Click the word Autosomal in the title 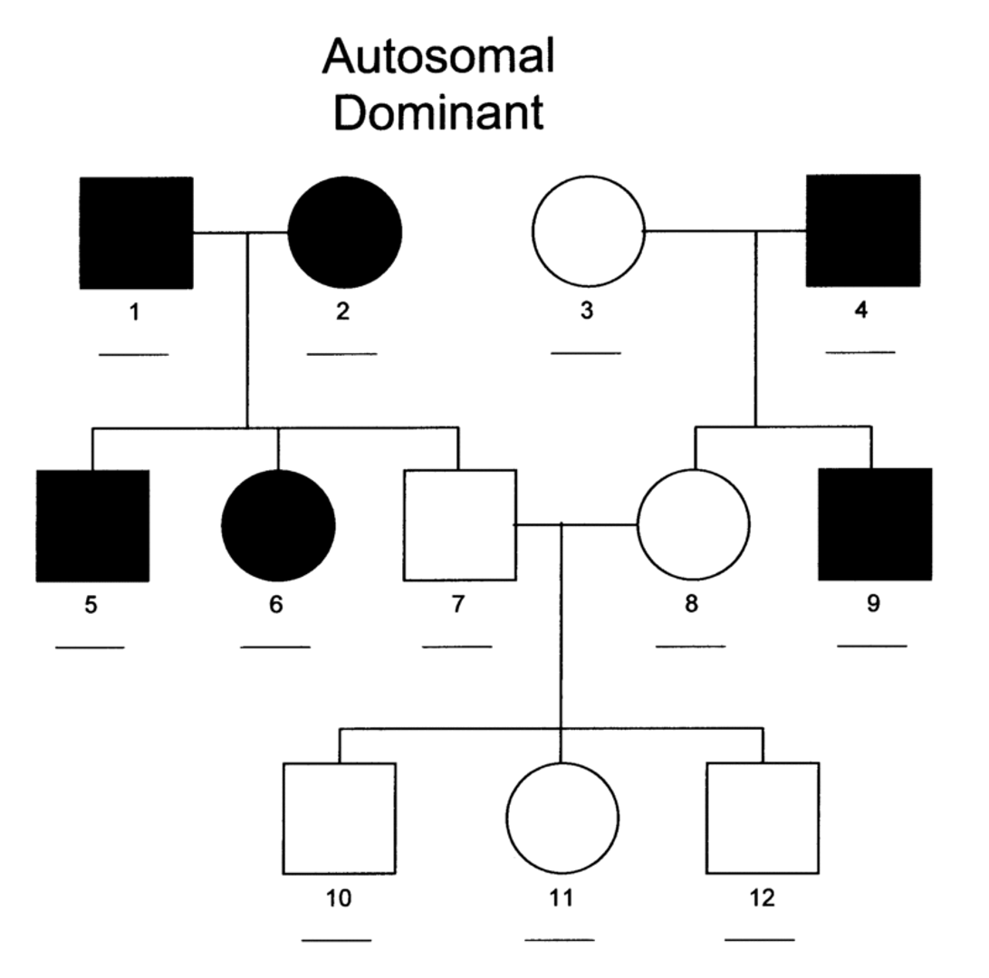[437, 58]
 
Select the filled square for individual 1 [136, 233]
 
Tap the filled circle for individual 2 [344, 233]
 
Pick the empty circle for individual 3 [588, 232]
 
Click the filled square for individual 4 [862, 231]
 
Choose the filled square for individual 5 [92, 525]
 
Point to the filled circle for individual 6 [278, 525]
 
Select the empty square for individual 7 [459, 525]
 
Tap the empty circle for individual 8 [694, 524]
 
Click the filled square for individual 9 [874, 524]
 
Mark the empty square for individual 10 [339, 819]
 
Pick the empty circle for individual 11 [562, 818]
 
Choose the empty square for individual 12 [762, 818]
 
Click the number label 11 [562, 898]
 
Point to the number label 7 [457, 605]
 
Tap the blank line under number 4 [859, 352]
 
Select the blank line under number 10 [336, 940]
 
